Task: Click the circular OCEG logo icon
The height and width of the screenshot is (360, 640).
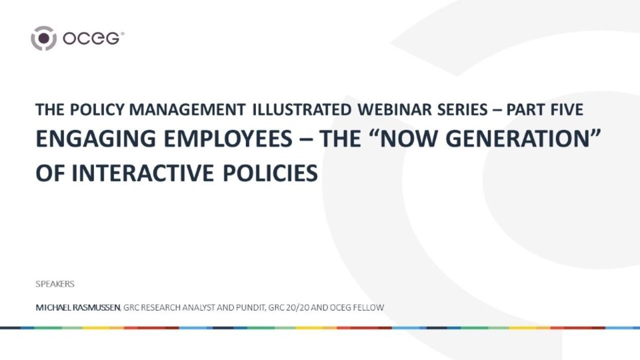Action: pyautogui.click(x=43, y=38)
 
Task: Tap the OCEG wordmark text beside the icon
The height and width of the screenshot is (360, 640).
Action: pyautogui.click(x=93, y=39)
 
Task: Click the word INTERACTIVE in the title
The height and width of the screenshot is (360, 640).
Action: pyautogui.click(x=142, y=173)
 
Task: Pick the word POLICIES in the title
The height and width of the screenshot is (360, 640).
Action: pyautogui.click(x=270, y=173)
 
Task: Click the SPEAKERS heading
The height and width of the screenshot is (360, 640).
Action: pyautogui.click(x=55, y=284)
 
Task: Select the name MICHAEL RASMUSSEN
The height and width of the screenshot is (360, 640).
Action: pyautogui.click(x=78, y=308)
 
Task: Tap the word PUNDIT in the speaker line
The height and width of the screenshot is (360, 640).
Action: pyautogui.click(x=249, y=308)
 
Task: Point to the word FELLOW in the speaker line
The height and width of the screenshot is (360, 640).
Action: pyautogui.click(x=368, y=308)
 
